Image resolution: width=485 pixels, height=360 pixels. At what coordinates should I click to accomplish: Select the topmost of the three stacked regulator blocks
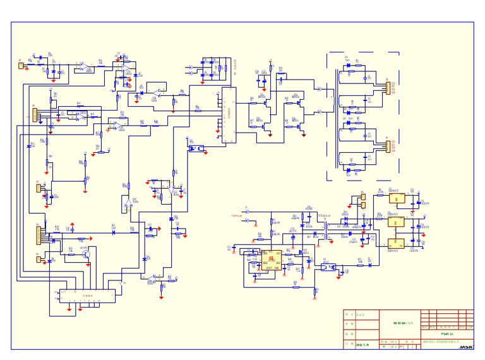pyautogui.click(x=397, y=199)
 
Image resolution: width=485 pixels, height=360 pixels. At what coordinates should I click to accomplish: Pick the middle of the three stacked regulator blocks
pyautogui.click(x=397, y=222)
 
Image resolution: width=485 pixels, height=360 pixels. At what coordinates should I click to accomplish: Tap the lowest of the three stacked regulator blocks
pyautogui.click(x=397, y=243)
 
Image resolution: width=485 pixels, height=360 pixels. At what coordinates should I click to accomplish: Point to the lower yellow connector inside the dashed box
pyautogui.click(x=388, y=147)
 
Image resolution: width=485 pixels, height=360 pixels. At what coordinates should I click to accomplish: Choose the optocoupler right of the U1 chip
pyautogui.click(x=327, y=267)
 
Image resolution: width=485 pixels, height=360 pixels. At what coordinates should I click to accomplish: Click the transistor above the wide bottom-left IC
pyautogui.click(x=88, y=255)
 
